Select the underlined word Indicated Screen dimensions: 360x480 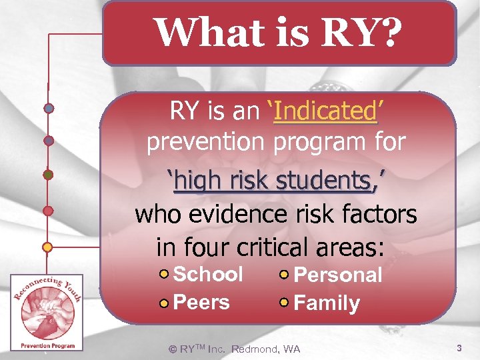[325, 111]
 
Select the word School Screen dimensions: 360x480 [208, 274]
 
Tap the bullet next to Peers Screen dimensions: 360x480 [165, 303]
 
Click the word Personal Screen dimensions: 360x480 [338, 275]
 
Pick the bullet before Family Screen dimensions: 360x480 [285, 303]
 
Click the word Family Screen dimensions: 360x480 [327, 303]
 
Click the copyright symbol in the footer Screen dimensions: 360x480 [173, 349]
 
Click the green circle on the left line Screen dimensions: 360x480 [48, 175]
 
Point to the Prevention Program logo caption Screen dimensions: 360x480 [47, 345]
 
